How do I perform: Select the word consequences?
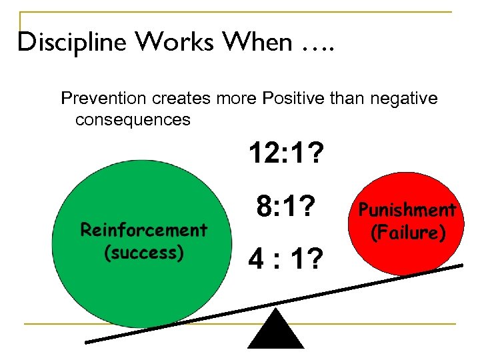(133, 120)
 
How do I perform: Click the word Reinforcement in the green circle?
(144, 230)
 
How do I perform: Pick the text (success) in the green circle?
(144, 253)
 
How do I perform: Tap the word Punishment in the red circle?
(407, 211)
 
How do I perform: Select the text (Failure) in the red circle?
(407, 233)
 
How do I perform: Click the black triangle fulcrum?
(275, 331)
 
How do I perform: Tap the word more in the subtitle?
(236, 99)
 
